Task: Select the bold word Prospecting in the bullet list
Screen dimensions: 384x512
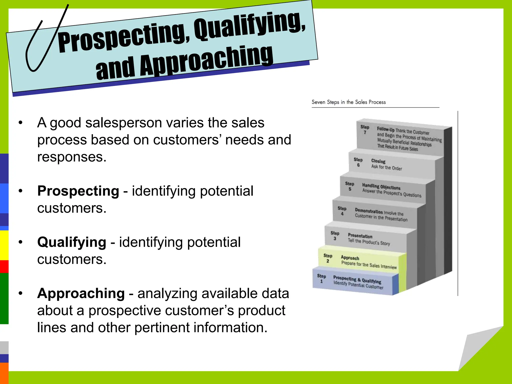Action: tap(78, 191)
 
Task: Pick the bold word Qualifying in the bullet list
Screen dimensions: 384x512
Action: tap(72, 242)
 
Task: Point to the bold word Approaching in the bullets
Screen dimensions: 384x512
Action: tap(81, 293)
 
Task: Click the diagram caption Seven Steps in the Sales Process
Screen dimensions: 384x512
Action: tap(348, 102)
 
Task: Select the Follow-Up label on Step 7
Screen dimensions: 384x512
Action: tap(385, 129)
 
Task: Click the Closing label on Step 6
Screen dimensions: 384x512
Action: tap(378, 161)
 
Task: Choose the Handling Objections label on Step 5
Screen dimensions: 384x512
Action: tap(381, 186)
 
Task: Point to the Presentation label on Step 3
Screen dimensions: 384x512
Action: tap(360, 236)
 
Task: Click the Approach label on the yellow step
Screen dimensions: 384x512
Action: tap(350, 258)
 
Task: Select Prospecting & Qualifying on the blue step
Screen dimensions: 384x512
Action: tap(357, 279)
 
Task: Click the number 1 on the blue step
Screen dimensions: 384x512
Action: tap(321, 281)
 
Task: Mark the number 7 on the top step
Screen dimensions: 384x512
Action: tap(365, 132)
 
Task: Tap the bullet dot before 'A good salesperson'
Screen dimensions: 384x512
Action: tap(20, 123)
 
